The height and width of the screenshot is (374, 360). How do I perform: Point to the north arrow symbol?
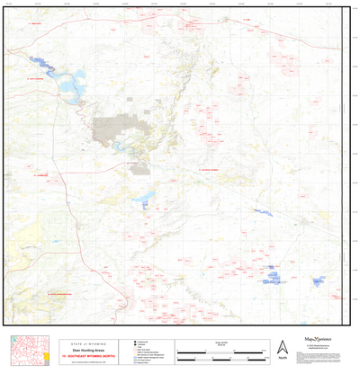click(283, 346)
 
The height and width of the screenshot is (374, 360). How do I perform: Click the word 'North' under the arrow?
click(283, 359)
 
